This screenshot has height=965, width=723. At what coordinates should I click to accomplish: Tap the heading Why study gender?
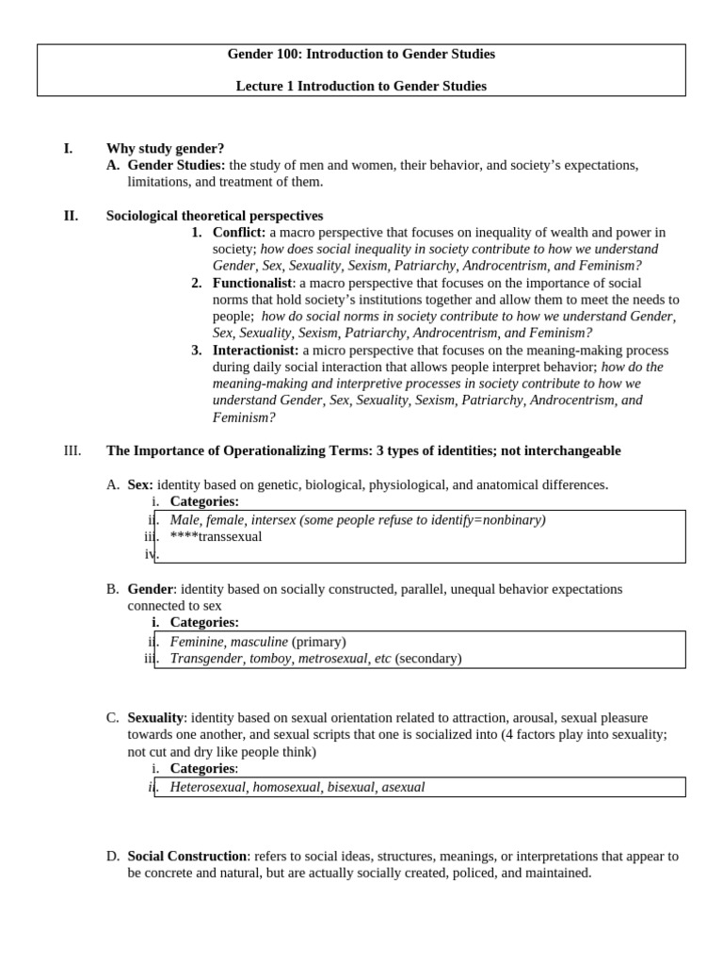165,149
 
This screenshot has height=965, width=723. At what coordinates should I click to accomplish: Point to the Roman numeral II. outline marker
71,216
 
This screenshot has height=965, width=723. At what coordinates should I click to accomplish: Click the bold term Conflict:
239,233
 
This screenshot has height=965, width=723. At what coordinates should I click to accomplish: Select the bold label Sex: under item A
140,484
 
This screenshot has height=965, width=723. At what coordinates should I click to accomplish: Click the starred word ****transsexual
216,537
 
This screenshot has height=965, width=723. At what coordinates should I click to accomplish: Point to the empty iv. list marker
150,554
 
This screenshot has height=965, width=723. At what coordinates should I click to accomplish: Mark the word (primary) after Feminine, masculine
318,642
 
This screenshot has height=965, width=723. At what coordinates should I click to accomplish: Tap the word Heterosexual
208,787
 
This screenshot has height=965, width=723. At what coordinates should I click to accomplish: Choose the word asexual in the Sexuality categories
403,787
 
